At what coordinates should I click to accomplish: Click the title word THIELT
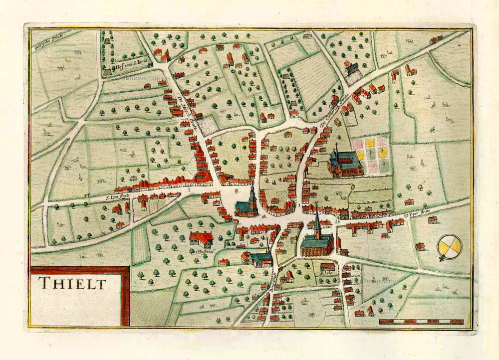73,283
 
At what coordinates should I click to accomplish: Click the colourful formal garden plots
370,155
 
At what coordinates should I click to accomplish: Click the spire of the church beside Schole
316,219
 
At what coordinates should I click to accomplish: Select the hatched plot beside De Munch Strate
209,125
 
